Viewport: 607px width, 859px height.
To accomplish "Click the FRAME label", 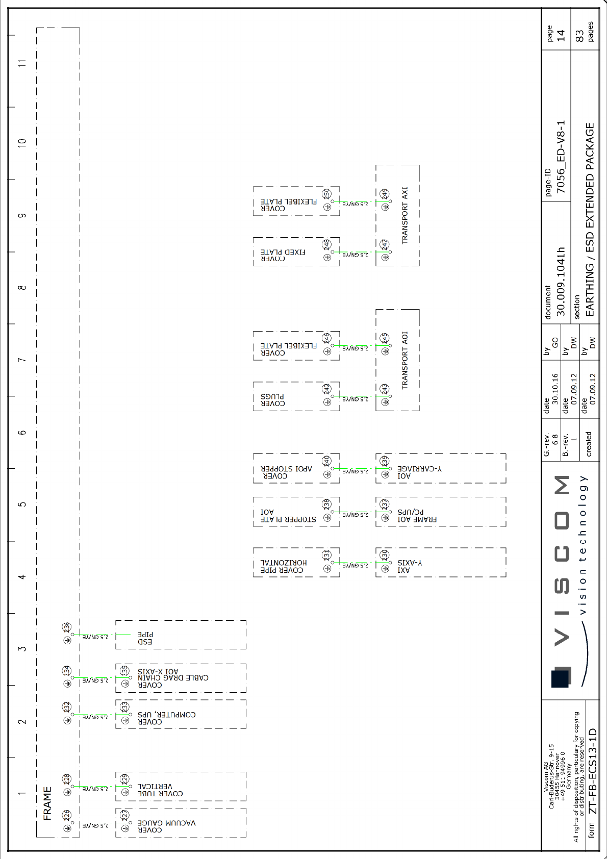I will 47,803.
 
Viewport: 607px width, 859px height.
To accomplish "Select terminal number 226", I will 66,815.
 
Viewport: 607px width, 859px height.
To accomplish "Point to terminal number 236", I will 66,627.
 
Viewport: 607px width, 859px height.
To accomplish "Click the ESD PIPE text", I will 145,638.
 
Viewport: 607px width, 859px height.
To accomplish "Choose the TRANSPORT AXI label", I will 404,215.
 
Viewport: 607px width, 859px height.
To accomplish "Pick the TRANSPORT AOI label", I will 404,360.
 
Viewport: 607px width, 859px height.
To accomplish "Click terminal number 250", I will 326,193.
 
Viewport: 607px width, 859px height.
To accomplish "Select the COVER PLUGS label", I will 273,400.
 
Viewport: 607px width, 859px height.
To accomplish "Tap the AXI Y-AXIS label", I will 410,566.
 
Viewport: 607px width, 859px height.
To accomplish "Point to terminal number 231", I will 326,554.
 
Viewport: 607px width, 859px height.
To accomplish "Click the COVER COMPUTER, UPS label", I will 166,718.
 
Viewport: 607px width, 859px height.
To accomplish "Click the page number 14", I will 561,35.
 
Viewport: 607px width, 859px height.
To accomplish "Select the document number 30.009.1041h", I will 561,282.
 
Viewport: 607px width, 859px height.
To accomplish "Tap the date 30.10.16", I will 555,389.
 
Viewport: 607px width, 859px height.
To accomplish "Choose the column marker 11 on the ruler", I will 21,63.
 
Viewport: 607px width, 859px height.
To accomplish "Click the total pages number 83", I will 579,35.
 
